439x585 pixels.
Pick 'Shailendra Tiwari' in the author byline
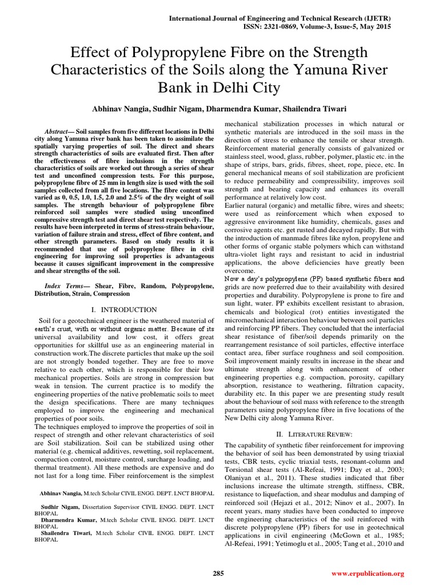click(x=317, y=109)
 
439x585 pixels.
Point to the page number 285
click(x=218, y=573)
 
